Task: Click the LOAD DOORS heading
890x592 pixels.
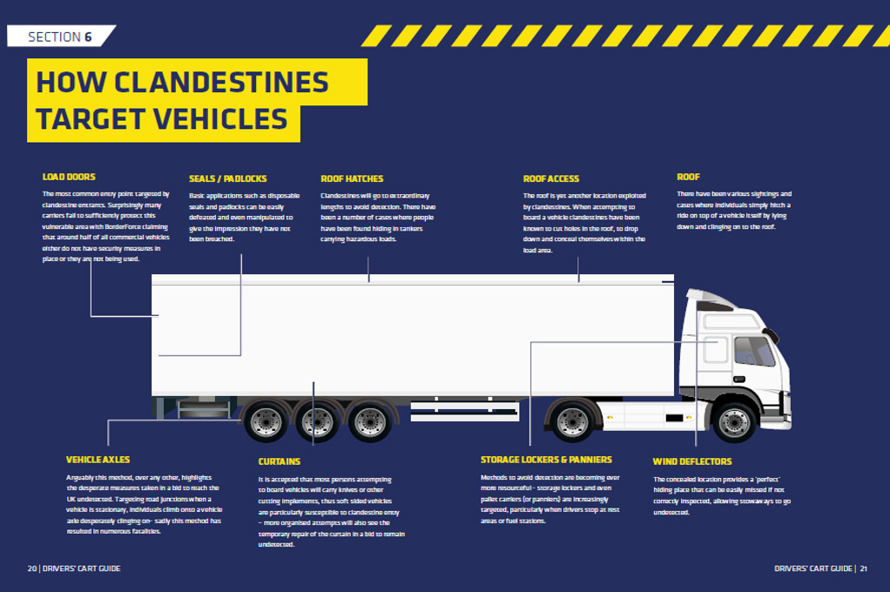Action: [x=69, y=177]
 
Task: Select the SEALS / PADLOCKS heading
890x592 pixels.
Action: [x=228, y=178]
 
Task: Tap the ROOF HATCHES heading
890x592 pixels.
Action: [x=352, y=178]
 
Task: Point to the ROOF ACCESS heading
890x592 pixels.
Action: [x=551, y=178]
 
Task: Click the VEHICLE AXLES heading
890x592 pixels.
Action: [x=98, y=460]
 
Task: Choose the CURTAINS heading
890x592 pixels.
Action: [x=279, y=461]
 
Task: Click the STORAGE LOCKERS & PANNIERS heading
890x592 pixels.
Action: [x=546, y=460]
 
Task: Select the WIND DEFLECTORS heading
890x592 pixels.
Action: [x=692, y=461]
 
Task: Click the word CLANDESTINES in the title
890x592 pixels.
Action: [x=221, y=82]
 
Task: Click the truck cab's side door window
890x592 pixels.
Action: [x=753, y=352]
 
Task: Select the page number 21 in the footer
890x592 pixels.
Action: [x=864, y=568]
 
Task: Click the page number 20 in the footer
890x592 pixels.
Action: [x=31, y=568]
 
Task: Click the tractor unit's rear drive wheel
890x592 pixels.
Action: [x=573, y=422]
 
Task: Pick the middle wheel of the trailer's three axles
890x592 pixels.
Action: [x=318, y=422]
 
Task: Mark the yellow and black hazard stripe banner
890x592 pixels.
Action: [x=626, y=36]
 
